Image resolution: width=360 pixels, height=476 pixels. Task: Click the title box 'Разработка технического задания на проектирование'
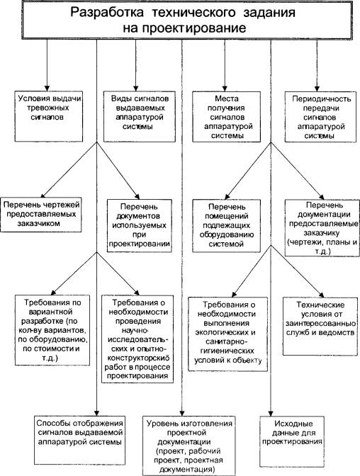pos(188,20)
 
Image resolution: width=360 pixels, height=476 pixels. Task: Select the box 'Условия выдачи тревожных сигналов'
pos(49,116)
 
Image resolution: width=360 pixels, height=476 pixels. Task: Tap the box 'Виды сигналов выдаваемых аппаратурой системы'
pos(140,116)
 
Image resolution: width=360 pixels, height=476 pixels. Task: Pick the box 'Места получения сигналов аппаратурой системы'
pos(227,117)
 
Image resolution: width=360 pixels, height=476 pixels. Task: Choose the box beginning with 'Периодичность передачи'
pos(320,117)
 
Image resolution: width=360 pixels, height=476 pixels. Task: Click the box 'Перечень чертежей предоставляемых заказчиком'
pos(41,215)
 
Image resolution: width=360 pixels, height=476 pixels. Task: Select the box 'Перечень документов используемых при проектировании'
pos(140,225)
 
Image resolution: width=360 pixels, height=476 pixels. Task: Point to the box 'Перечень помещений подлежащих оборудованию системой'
pos(227,225)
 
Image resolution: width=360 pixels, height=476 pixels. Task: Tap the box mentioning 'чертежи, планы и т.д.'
pos(322,227)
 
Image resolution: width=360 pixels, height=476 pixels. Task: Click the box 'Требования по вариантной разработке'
pos(52,330)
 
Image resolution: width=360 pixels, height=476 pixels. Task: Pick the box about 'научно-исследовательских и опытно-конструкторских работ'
pos(137,339)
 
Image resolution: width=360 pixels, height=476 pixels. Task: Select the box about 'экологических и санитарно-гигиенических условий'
pos(228,334)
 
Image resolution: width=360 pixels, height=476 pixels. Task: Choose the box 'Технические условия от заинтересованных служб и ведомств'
pos(320,326)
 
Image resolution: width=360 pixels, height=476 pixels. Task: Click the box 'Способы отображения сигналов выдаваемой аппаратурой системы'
pos(79,437)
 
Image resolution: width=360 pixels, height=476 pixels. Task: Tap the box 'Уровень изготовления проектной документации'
pos(189,446)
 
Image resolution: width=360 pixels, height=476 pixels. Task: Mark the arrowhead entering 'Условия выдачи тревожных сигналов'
pos(47,88)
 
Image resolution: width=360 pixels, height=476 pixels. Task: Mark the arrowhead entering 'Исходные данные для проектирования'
pos(271,413)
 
